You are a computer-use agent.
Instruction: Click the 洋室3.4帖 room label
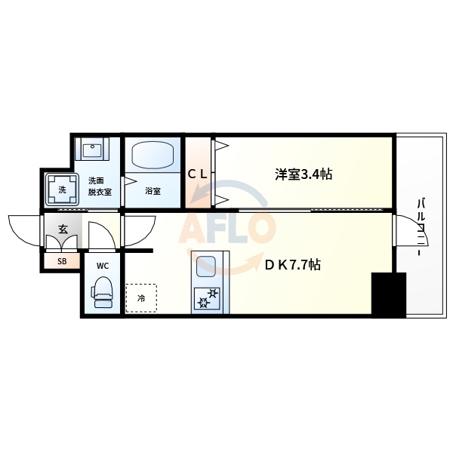pyautogui.click(x=303, y=174)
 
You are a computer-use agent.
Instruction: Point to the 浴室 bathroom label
pyautogui.click(x=153, y=191)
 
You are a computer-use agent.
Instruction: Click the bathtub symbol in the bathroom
pyautogui.click(x=153, y=156)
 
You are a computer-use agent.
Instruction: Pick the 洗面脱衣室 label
pyautogui.click(x=99, y=186)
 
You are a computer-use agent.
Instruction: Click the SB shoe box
pyautogui.click(x=62, y=261)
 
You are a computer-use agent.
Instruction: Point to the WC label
pyautogui.click(x=102, y=265)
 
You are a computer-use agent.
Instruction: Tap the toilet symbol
pyautogui.click(x=102, y=293)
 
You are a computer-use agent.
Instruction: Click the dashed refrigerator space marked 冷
pyautogui.click(x=141, y=297)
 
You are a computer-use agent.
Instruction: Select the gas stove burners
pyautogui.click(x=206, y=299)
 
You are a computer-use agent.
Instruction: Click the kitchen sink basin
pyautogui.click(x=206, y=267)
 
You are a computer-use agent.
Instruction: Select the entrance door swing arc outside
pyautogui.click(x=25, y=227)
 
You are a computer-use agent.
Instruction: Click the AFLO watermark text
pyautogui.click(x=226, y=228)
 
